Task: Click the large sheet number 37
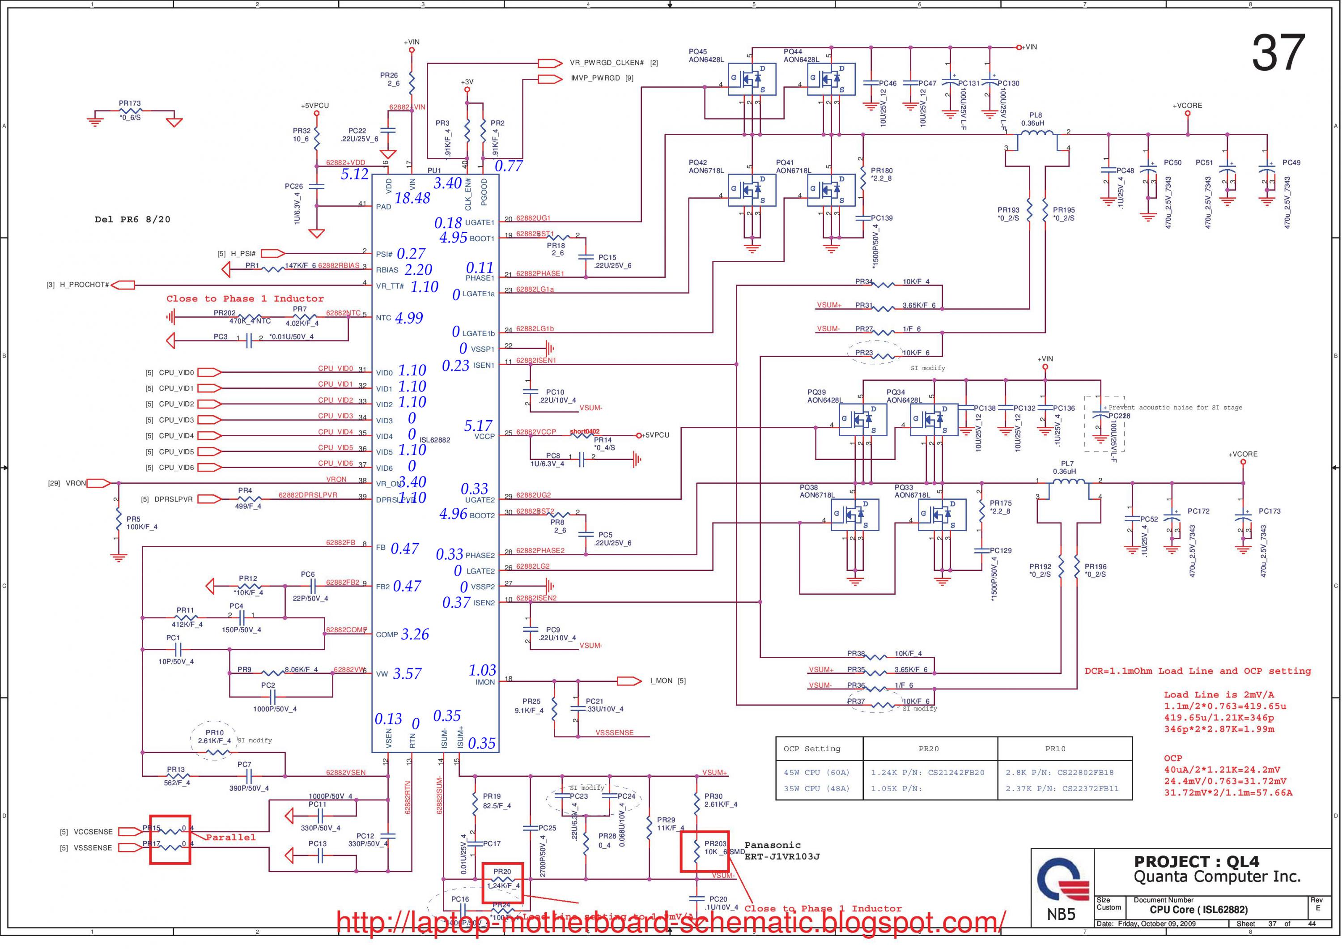[x=1278, y=53]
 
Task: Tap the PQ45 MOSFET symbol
[x=752, y=79]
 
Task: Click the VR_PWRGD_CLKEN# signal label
[x=606, y=63]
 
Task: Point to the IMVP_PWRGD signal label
[x=595, y=78]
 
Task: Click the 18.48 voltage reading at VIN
[x=412, y=198]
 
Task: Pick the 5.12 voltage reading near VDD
[x=355, y=174]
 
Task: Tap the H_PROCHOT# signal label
[x=84, y=285]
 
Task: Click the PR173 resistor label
[x=130, y=103]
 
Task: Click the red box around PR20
[x=502, y=882]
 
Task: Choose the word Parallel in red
[x=230, y=837]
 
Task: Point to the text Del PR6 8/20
[x=133, y=220]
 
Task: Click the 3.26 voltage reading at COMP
[x=415, y=634]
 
